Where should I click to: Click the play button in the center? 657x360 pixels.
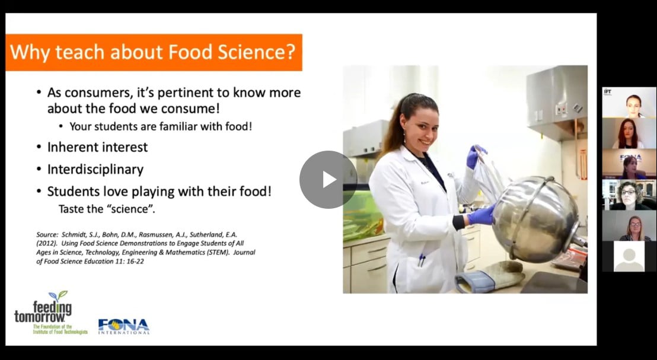pyautogui.click(x=328, y=179)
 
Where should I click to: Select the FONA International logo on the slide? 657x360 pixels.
pyautogui.click(x=123, y=326)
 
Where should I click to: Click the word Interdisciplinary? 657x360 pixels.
pyautogui.click(x=95, y=170)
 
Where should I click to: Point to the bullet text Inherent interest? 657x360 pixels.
pyautogui.click(x=97, y=147)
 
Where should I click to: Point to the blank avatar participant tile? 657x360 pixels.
pyautogui.click(x=629, y=256)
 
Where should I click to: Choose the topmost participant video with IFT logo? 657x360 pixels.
pyautogui.click(x=629, y=103)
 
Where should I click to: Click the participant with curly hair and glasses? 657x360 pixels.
pyautogui.click(x=629, y=195)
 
